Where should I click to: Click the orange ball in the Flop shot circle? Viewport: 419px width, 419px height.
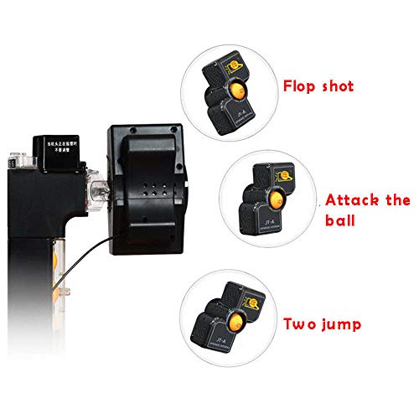[240, 90]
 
